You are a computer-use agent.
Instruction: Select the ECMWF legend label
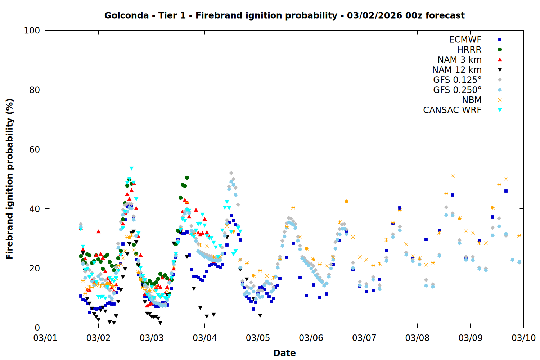[465, 40]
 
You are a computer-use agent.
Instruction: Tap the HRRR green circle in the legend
[500, 50]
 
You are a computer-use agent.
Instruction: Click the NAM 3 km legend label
[459, 60]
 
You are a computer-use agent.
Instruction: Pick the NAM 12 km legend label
[457, 70]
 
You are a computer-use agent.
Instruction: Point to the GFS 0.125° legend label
[457, 80]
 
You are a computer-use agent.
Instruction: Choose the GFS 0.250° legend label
[457, 90]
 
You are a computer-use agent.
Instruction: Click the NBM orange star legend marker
[500, 100]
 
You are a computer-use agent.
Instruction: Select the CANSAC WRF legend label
[452, 110]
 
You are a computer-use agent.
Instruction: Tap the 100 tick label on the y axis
[32, 31]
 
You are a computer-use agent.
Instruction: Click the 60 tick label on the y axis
[35, 149]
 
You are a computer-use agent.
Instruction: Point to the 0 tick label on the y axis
[37, 328]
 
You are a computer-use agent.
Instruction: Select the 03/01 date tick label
[45, 338]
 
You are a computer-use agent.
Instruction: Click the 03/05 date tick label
[258, 338]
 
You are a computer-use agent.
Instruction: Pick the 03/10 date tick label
[523, 338]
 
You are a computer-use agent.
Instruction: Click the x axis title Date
[284, 353]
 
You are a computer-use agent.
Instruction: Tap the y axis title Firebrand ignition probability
[9, 179]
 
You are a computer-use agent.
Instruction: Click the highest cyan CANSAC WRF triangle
[131, 168]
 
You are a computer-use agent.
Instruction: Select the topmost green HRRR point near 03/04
[187, 177]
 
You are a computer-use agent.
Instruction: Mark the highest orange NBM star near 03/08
[453, 176]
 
